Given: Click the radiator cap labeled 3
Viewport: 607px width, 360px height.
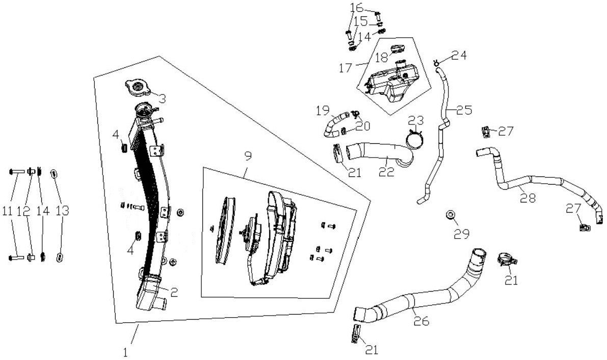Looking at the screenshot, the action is coord(138,88).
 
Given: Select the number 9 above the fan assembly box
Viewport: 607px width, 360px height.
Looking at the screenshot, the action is coord(248,156).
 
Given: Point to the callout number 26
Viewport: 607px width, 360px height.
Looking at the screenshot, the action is coord(421,320).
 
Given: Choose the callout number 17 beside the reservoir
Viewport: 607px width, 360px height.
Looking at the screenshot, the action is coord(346,68).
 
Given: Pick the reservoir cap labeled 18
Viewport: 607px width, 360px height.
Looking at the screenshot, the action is coord(397,50).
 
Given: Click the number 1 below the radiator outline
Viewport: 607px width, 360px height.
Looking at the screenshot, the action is coord(125,352).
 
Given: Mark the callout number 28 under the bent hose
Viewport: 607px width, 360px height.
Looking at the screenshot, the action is coord(528,198).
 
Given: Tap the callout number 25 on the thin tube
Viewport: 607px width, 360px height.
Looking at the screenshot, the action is coord(464,111).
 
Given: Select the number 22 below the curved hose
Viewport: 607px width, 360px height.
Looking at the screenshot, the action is coord(387,171).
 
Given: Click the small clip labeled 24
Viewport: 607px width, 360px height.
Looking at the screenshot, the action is coord(436,61).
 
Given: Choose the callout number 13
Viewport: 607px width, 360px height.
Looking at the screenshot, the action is coord(62,211).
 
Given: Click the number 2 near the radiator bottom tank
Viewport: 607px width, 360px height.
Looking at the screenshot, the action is coord(174,292).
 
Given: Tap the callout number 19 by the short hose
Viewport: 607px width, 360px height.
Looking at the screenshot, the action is coord(323,111).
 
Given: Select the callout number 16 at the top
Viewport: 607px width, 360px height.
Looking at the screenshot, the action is coord(357,7).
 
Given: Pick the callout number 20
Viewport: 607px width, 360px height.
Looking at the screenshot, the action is coord(363,126).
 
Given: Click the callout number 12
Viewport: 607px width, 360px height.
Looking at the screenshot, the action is coord(27,211).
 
